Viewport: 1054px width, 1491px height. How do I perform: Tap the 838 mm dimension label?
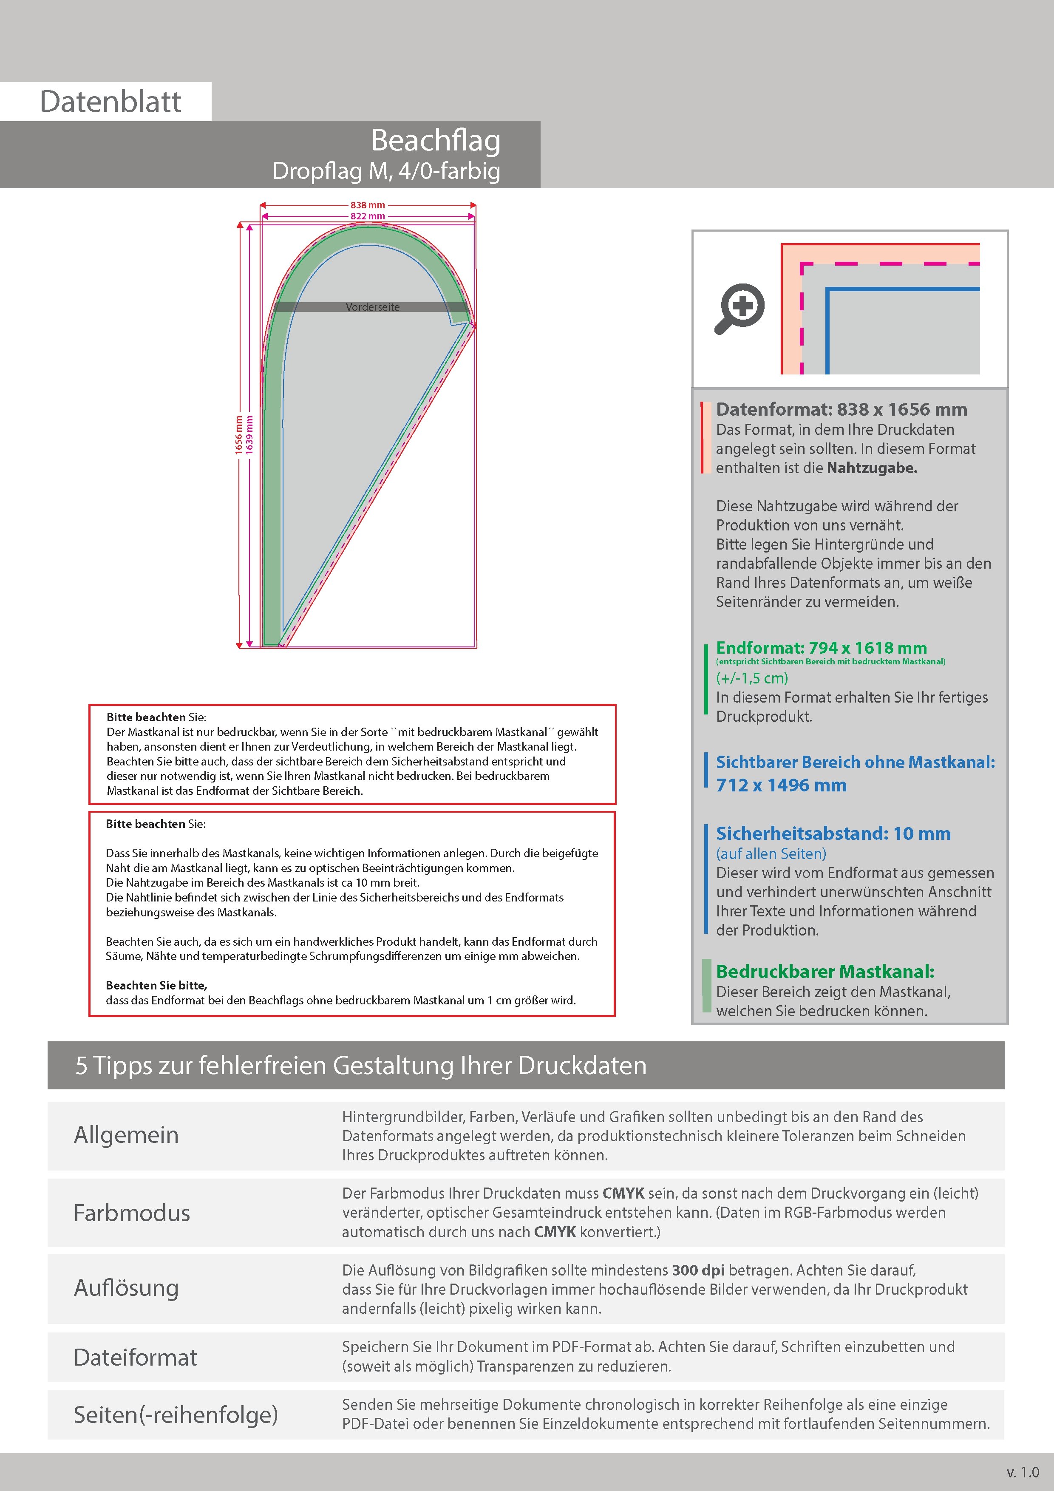pos(368,205)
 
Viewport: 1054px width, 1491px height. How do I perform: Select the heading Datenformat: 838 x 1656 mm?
pos(841,409)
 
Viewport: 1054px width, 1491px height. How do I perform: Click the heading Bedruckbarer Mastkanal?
pos(825,972)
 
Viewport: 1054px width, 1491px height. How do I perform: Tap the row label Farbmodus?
pos(132,1213)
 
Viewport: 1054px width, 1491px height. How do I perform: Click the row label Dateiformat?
pos(135,1357)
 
